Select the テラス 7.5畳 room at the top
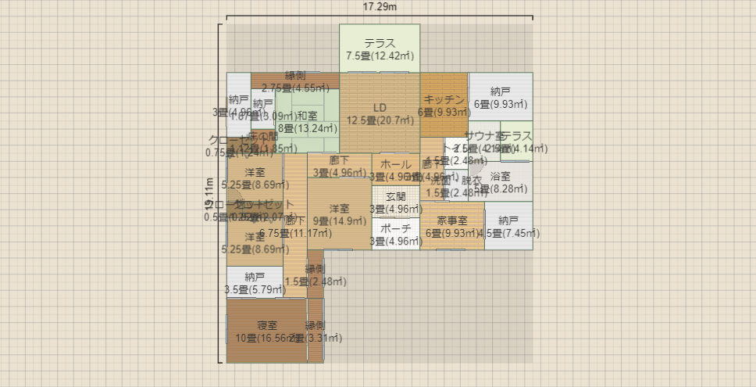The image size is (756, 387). click(x=380, y=48)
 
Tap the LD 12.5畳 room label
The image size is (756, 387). click(x=380, y=113)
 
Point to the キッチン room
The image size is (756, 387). click(x=444, y=105)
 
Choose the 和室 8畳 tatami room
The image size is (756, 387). click(x=307, y=122)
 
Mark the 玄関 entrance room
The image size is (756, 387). click(x=395, y=202)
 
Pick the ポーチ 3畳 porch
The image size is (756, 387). click(x=395, y=235)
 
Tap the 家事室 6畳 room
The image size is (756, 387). click(x=451, y=227)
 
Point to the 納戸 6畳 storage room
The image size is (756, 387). click(x=500, y=97)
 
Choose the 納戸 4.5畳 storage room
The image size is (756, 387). click(x=508, y=227)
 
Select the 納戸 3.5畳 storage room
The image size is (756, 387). click(x=255, y=282)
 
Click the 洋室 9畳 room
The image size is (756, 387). click(x=338, y=215)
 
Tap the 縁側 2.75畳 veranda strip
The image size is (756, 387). click(x=294, y=81)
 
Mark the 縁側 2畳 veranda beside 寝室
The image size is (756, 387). click(x=315, y=331)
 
